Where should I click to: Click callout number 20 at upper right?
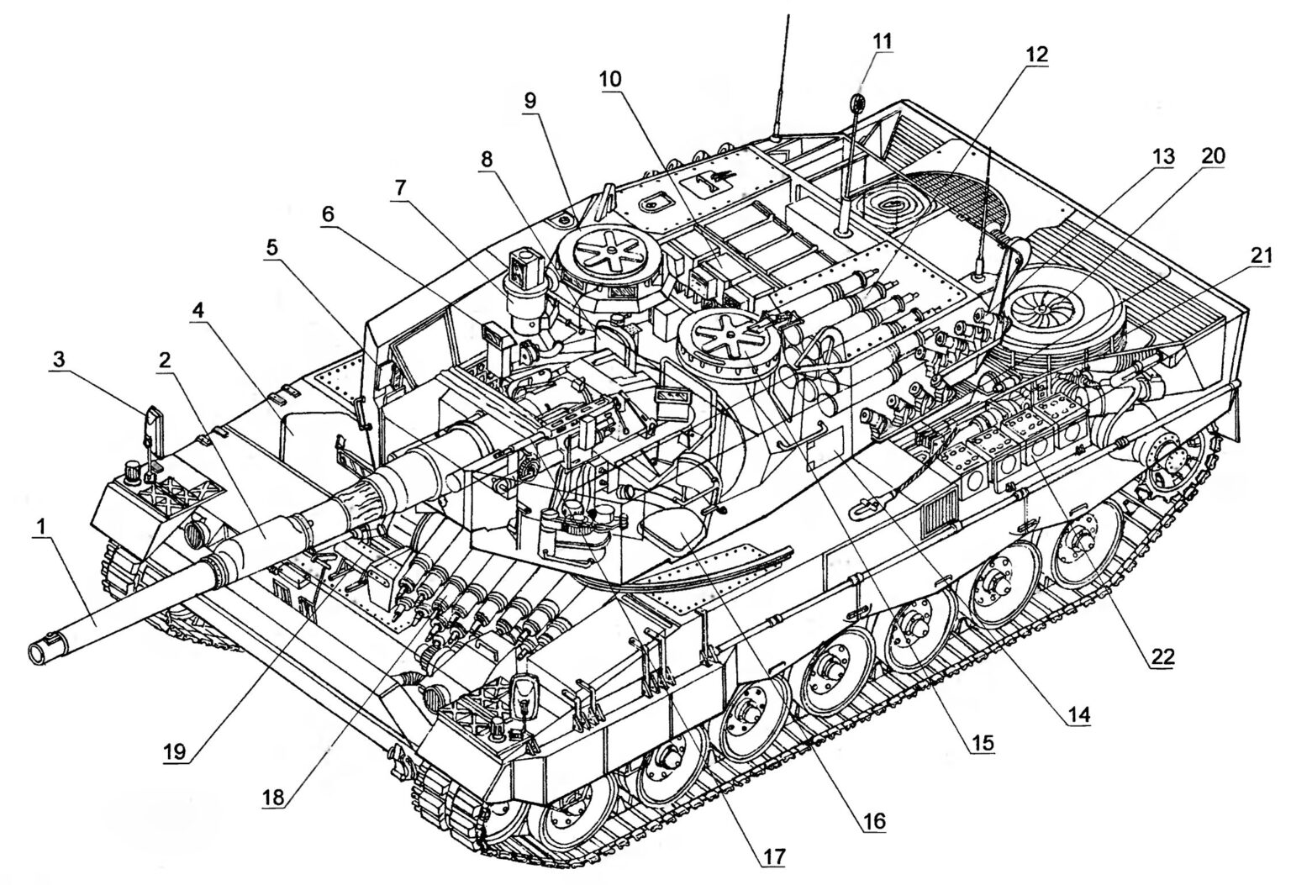click(x=1214, y=155)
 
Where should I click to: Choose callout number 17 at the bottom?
click(x=774, y=856)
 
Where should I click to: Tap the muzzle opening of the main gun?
click(x=40, y=650)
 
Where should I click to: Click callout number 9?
click(x=530, y=98)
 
